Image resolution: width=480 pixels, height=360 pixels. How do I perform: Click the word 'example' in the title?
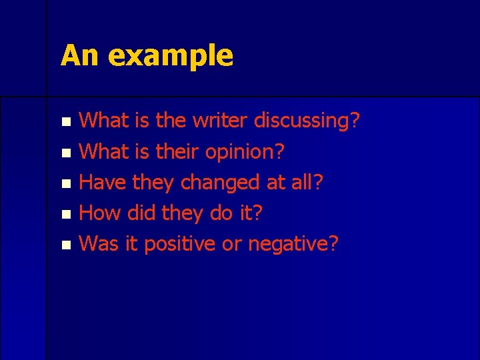[171, 56]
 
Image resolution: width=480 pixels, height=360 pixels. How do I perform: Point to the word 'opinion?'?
[245, 152]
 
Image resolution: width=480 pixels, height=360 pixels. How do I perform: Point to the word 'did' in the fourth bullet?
[142, 213]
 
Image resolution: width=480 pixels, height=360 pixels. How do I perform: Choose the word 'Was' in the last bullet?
[99, 243]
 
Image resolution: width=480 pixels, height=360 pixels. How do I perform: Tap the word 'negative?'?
[293, 244]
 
